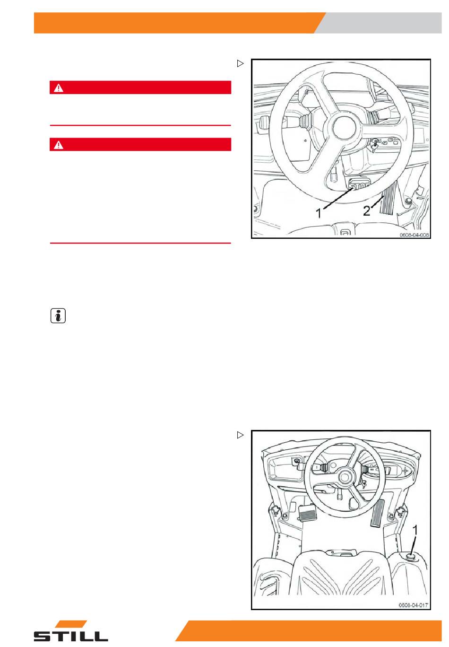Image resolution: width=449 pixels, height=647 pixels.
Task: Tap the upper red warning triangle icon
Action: (59, 88)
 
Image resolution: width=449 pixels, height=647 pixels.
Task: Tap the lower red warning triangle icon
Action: (59, 145)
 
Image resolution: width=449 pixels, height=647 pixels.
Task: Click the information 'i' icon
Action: (58, 316)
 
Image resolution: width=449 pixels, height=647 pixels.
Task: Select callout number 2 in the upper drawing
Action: (366, 210)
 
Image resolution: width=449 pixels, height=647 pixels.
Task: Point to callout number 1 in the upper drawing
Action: (319, 213)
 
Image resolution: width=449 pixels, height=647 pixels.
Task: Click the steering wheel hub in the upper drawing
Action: (344, 128)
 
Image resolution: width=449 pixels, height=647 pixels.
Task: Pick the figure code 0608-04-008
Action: (414, 235)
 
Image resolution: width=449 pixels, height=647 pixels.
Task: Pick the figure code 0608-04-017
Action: (413, 605)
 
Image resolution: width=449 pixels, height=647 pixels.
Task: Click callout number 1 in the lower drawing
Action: (415, 530)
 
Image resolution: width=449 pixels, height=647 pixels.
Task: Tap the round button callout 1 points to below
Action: (410, 555)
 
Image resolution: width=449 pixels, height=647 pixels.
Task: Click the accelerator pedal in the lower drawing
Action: (377, 513)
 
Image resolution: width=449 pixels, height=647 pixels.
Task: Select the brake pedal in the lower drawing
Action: (307, 514)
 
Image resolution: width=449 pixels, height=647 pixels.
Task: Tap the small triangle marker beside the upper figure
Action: (240, 63)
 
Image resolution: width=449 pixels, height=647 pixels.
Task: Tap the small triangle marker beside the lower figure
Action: (240, 435)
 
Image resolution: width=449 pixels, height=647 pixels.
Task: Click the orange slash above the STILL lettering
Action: (71, 624)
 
